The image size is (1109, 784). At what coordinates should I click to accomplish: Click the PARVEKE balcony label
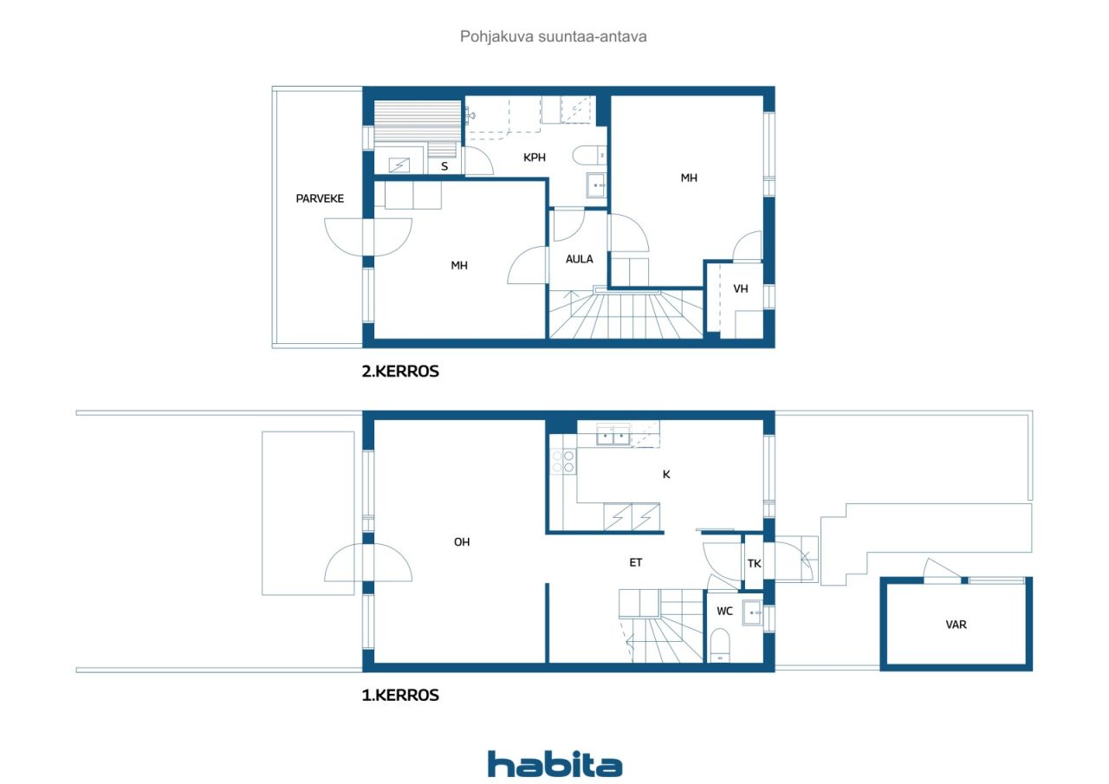tap(320, 198)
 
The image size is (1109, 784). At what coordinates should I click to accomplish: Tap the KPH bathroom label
tap(535, 158)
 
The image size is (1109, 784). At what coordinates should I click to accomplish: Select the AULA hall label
tap(579, 259)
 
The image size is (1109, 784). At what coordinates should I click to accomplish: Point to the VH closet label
tap(741, 289)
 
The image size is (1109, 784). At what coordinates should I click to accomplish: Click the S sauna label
tap(444, 166)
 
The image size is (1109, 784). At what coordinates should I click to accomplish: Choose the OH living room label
tap(462, 542)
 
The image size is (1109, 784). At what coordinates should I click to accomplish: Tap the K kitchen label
tap(666, 474)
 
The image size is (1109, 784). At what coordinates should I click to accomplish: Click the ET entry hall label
tap(636, 562)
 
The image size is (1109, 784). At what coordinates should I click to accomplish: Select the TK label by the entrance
tap(754, 563)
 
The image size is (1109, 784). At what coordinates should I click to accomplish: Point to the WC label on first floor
tap(724, 612)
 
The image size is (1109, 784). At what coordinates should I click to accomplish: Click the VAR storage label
tap(956, 624)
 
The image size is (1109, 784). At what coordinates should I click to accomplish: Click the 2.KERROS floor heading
tap(400, 372)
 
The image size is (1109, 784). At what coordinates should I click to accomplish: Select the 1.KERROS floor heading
tap(400, 695)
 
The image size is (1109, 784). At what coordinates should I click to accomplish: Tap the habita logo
tap(554, 764)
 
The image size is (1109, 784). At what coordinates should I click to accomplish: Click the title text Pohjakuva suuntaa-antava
tap(554, 37)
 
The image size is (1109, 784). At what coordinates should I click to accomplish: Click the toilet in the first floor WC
tap(720, 645)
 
